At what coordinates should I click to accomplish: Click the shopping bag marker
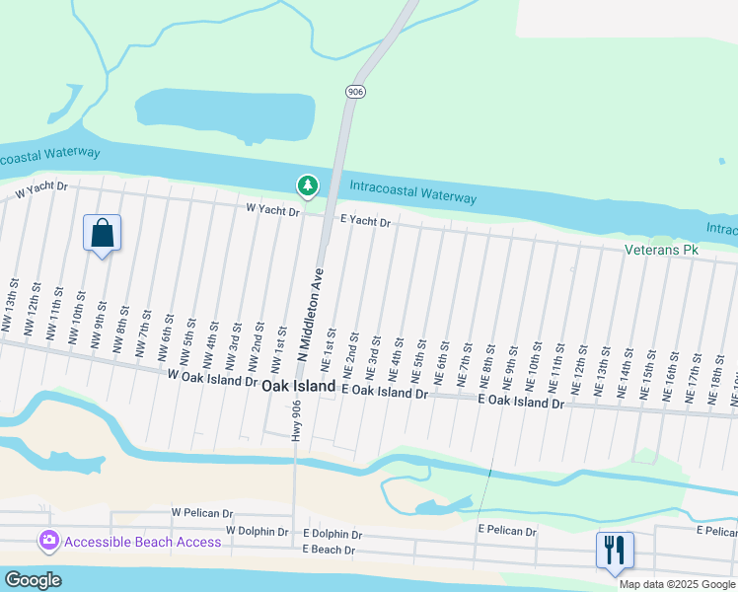(102, 234)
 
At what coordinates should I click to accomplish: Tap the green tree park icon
(308, 185)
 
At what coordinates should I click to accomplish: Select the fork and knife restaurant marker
(614, 551)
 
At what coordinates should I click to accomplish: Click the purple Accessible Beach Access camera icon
(47, 542)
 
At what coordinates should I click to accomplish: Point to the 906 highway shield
(355, 91)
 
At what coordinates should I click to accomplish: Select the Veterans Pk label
(661, 251)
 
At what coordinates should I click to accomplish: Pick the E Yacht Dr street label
(366, 223)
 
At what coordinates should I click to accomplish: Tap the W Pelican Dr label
(202, 513)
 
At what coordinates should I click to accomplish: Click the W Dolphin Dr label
(257, 531)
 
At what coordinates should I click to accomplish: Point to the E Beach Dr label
(332, 550)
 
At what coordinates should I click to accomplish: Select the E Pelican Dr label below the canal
(506, 531)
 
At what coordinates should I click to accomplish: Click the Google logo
(33, 580)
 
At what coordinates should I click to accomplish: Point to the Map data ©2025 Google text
(677, 584)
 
